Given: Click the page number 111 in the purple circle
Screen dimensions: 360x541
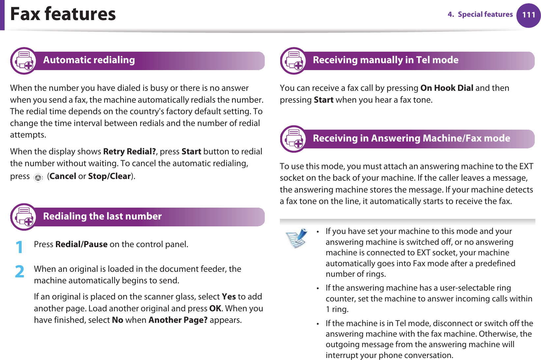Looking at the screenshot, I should click(x=528, y=15).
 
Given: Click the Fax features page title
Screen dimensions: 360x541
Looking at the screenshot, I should click(x=63, y=14).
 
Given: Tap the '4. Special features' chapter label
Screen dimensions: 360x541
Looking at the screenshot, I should click(x=480, y=14).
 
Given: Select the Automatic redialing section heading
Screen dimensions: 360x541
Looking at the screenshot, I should click(x=89, y=60).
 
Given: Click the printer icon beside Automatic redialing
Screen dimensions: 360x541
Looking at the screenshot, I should click(x=24, y=61).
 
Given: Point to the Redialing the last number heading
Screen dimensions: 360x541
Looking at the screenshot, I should click(x=102, y=216).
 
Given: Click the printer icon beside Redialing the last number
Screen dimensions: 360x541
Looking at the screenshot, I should click(x=24, y=217).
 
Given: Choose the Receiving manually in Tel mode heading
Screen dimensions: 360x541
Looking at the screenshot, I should click(x=385, y=60).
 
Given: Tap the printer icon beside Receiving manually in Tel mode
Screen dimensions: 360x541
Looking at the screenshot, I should click(x=294, y=61).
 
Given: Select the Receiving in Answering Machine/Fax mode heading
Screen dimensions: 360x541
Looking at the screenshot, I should click(x=411, y=138).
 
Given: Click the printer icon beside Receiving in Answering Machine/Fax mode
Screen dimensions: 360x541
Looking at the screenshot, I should click(x=294, y=139).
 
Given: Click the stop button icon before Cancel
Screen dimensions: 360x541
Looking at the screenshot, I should click(x=38, y=178).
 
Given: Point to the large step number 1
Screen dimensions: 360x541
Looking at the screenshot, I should click(x=20, y=247).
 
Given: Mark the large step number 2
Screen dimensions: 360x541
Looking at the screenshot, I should click(x=20, y=272).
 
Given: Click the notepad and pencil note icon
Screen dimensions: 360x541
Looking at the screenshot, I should click(x=296, y=238).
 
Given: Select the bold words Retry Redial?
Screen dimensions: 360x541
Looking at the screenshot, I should click(x=129, y=152).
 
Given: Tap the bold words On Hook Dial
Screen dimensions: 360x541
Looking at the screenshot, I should click(x=447, y=88).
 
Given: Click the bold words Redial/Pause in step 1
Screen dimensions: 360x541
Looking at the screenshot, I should click(x=81, y=244).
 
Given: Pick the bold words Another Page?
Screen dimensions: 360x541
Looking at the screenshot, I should click(x=178, y=320).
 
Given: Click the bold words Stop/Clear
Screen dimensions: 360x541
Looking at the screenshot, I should click(x=109, y=176).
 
